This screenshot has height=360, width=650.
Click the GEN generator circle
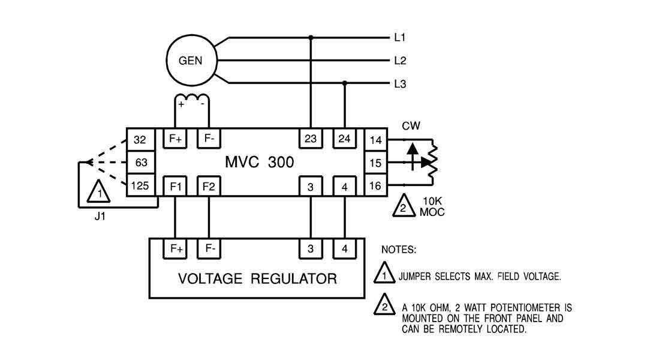(x=190, y=61)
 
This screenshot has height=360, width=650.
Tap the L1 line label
(x=400, y=38)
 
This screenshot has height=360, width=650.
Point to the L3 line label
(x=400, y=84)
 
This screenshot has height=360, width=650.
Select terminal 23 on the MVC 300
(x=311, y=139)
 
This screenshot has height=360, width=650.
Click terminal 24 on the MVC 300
(x=344, y=139)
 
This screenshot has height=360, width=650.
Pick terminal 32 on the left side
(x=140, y=140)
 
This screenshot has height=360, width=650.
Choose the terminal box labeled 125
(x=140, y=185)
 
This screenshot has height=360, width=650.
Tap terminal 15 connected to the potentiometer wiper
(x=375, y=163)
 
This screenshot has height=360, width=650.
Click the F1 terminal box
(x=176, y=186)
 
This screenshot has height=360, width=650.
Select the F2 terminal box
(x=209, y=186)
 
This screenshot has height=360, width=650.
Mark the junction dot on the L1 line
(x=311, y=38)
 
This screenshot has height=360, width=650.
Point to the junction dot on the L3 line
(x=344, y=83)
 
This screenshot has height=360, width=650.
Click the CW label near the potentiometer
(x=411, y=126)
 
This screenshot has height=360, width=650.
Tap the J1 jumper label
(x=100, y=217)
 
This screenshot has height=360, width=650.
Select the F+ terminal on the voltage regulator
(x=176, y=248)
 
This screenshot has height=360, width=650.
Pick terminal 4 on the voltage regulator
(x=344, y=248)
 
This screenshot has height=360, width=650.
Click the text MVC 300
(x=260, y=163)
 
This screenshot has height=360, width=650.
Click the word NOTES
(x=399, y=248)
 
